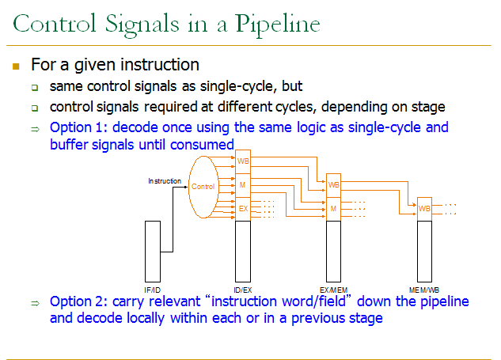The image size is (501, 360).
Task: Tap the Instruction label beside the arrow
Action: [165, 181]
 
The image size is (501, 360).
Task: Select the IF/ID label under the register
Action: [154, 290]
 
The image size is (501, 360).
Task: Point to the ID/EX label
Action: [243, 290]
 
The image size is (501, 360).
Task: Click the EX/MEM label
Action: [334, 290]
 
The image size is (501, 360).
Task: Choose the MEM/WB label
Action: [424, 290]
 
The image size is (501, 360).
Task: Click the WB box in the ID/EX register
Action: [243, 161]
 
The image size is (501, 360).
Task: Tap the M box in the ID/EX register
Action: [243, 185]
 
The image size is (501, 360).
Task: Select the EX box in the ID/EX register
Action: [243, 209]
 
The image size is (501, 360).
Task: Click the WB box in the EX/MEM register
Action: [334, 185]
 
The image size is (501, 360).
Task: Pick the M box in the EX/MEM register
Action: [334, 209]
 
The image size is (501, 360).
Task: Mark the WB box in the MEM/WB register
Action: [424, 209]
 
